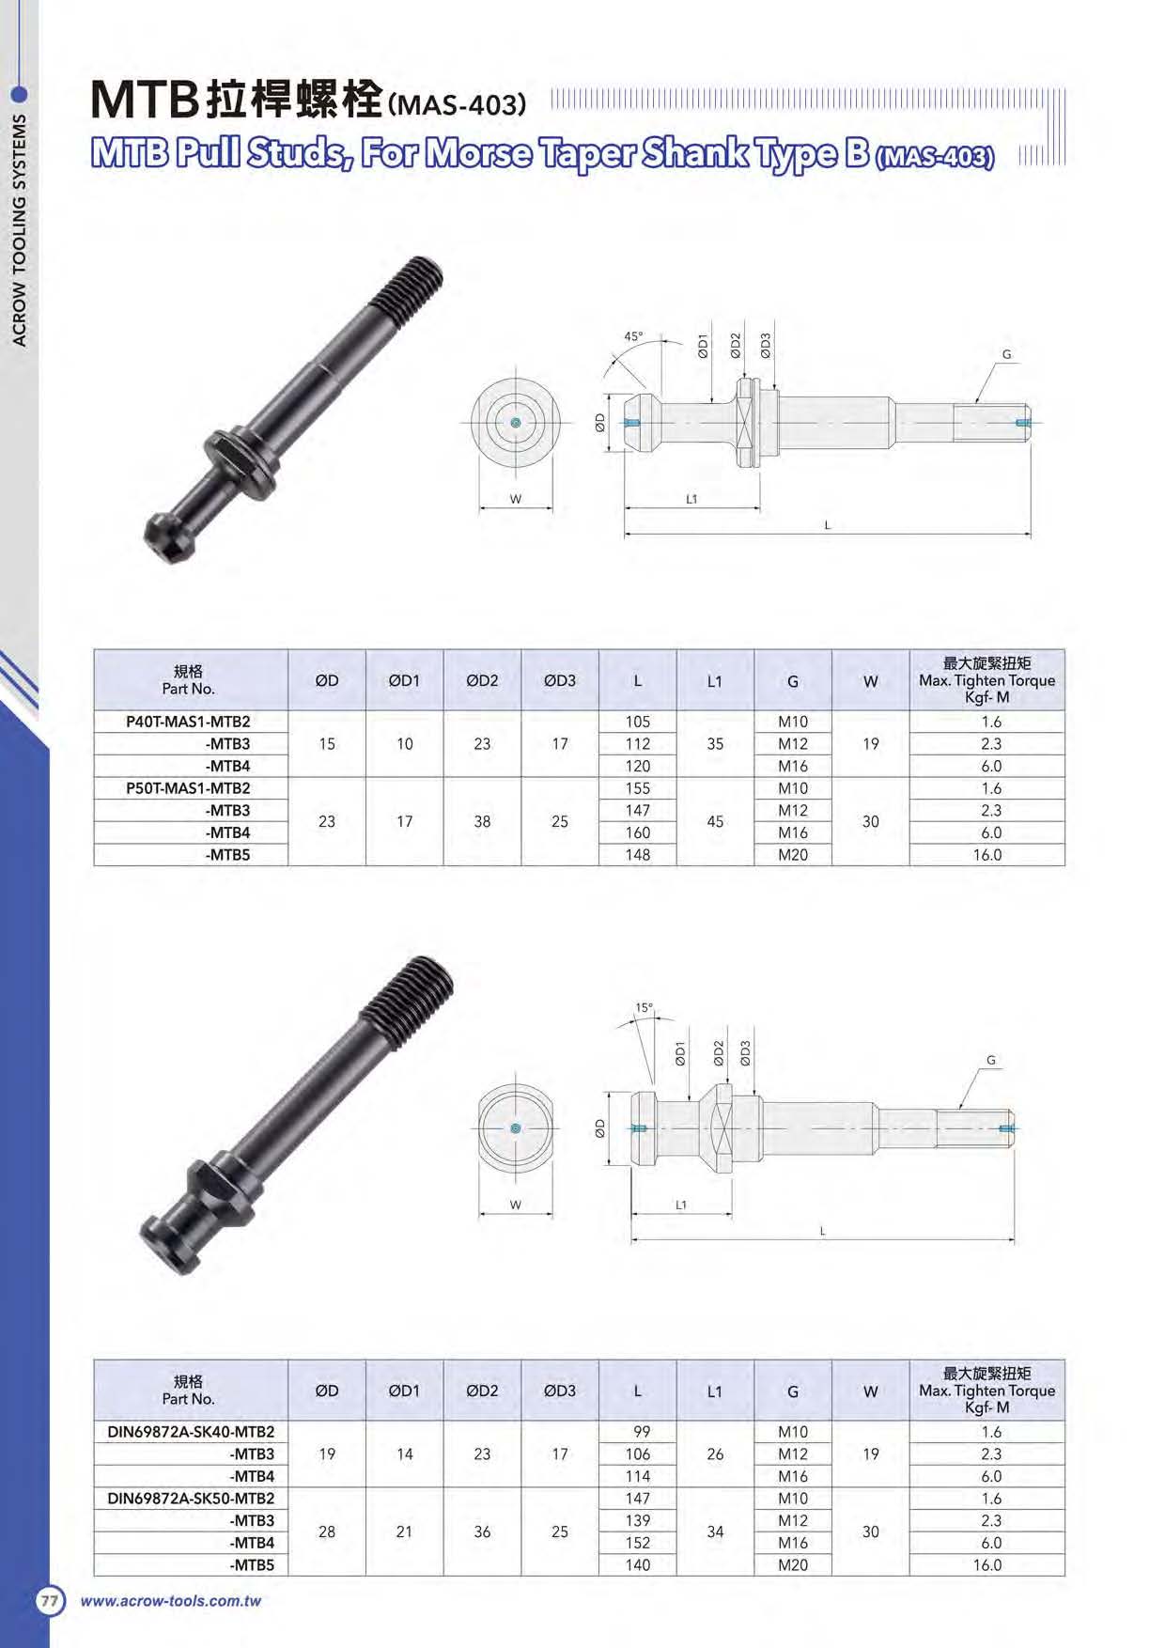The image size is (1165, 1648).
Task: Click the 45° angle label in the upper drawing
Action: [x=634, y=336]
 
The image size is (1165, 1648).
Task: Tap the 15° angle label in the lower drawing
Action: [x=644, y=1008]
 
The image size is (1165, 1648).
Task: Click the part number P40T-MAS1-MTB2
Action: [x=189, y=722]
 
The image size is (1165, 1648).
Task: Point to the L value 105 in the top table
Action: [x=637, y=722]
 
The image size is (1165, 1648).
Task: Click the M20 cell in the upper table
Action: [x=792, y=855]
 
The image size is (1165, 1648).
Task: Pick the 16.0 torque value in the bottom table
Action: [x=986, y=1565]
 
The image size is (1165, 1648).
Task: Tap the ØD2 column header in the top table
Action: [x=482, y=680]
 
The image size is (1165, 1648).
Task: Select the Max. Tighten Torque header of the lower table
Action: [x=986, y=1391]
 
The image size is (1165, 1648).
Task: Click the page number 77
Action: [x=50, y=1601]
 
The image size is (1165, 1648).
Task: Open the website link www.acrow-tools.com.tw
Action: [x=170, y=1601]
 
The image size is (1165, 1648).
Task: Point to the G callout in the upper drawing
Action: [x=1007, y=355]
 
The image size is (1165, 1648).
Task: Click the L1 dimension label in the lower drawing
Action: [x=681, y=1205]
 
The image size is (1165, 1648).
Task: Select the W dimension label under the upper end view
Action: [x=515, y=499]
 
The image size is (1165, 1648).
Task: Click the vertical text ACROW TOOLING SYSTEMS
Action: [x=20, y=230]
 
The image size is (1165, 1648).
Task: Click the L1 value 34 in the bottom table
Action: [x=715, y=1531]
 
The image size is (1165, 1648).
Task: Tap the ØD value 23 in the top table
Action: [x=326, y=821]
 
